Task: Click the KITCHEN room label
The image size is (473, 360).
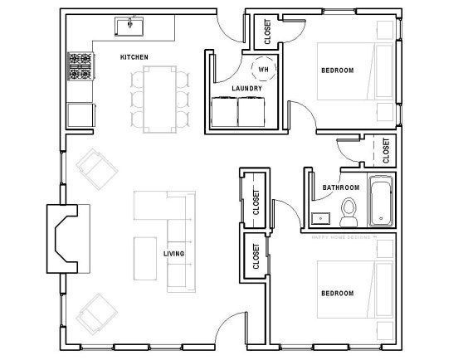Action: tap(134, 56)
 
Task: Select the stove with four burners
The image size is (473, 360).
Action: tap(80, 66)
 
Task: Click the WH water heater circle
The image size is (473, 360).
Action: tap(262, 69)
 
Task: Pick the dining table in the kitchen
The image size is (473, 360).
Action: tap(157, 98)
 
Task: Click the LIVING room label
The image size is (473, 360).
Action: tap(173, 253)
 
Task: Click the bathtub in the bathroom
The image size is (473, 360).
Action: tap(381, 202)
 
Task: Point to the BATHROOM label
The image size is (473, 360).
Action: tap(339, 188)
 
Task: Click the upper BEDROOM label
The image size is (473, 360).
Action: tap(337, 71)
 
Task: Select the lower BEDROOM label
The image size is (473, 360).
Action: tap(337, 293)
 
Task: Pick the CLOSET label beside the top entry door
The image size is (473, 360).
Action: tap(266, 31)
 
